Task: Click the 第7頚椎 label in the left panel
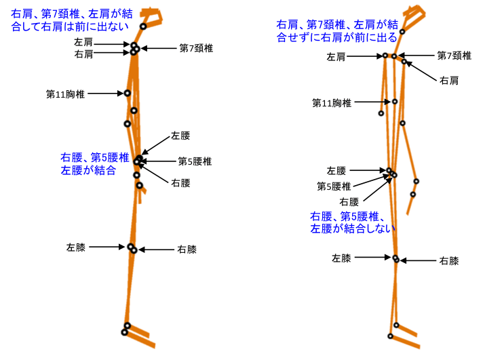(196, 48)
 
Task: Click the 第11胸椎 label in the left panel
(65, 94)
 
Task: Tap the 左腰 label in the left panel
(180, 136)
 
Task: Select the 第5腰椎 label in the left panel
(195, 161)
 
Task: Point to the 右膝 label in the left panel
(187, 249)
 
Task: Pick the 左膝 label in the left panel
(76, 247)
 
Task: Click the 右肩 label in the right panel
(449, 81)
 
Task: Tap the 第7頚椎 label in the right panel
(454, 56)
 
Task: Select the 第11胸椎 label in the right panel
(332, 103)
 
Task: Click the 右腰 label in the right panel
(349, 201)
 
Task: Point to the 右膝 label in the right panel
(449, 260)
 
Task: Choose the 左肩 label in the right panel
(336, 57)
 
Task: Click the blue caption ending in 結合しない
(352, 222)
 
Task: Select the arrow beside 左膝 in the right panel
(374, 258)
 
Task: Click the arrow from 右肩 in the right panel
(421, 70)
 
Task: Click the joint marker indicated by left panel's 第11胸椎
(127, 93)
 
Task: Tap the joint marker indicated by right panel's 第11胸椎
(395, 102)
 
